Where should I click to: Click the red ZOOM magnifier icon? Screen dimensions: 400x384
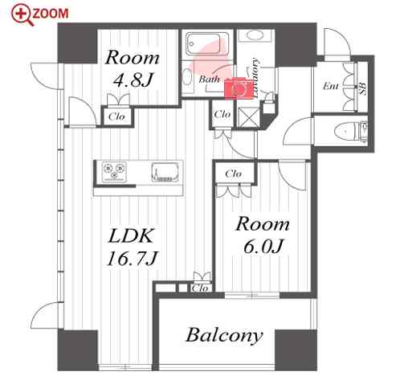pos(22,15)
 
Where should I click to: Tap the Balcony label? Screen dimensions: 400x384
pos(224,335)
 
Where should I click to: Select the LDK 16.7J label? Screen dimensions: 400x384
pos(131,247)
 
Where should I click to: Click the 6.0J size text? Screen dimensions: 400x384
pos(263,247)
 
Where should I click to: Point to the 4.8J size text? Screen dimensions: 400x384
pos(133,80)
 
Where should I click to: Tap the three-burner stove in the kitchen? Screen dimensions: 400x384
pos(114,171)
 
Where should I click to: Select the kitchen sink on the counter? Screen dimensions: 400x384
pos(165,172)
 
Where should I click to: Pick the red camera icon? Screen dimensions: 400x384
pos(239,88)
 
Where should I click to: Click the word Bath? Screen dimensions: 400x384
pos(209,79)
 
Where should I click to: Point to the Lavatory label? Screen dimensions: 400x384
pos(255,77)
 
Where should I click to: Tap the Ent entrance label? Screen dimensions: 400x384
pos(331,86)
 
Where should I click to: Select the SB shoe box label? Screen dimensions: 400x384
pos(363,88)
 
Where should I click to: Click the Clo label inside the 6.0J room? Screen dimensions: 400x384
pos(234,174)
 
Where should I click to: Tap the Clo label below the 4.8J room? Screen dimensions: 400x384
pos(116,116)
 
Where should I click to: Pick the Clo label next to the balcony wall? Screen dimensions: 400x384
pos(200,288)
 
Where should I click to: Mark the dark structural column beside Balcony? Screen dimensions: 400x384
pos(296,349)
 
